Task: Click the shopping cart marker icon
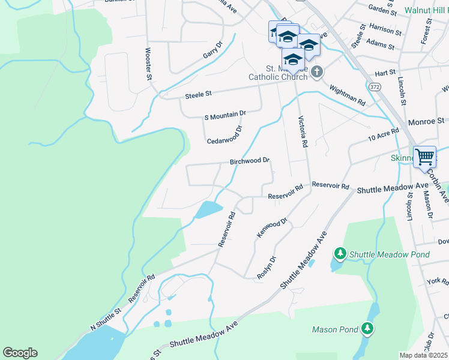click(425, 157)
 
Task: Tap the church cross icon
click(318, 73)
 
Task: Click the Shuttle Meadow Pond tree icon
click(340, 254)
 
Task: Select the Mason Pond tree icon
click(367, 329)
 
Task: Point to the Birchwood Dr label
click(250, 161)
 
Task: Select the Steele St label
click(199, 94)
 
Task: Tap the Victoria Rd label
click(303, 132)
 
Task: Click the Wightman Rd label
click(348, 94)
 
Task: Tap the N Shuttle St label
click(106, 319)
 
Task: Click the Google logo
click(20, 353)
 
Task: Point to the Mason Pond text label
click(334, 329)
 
